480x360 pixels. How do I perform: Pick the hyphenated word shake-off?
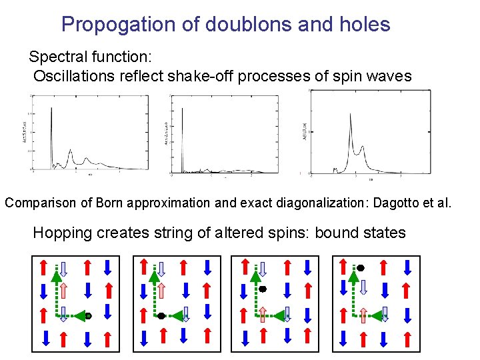(x=203, y=75)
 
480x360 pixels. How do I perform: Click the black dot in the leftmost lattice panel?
(x=87, y=315)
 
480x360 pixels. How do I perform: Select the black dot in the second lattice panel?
(x=161, y=316)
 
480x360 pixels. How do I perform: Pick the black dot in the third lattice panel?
(x=263, y=289)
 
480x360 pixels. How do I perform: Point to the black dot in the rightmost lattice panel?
(x=361, y=267)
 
